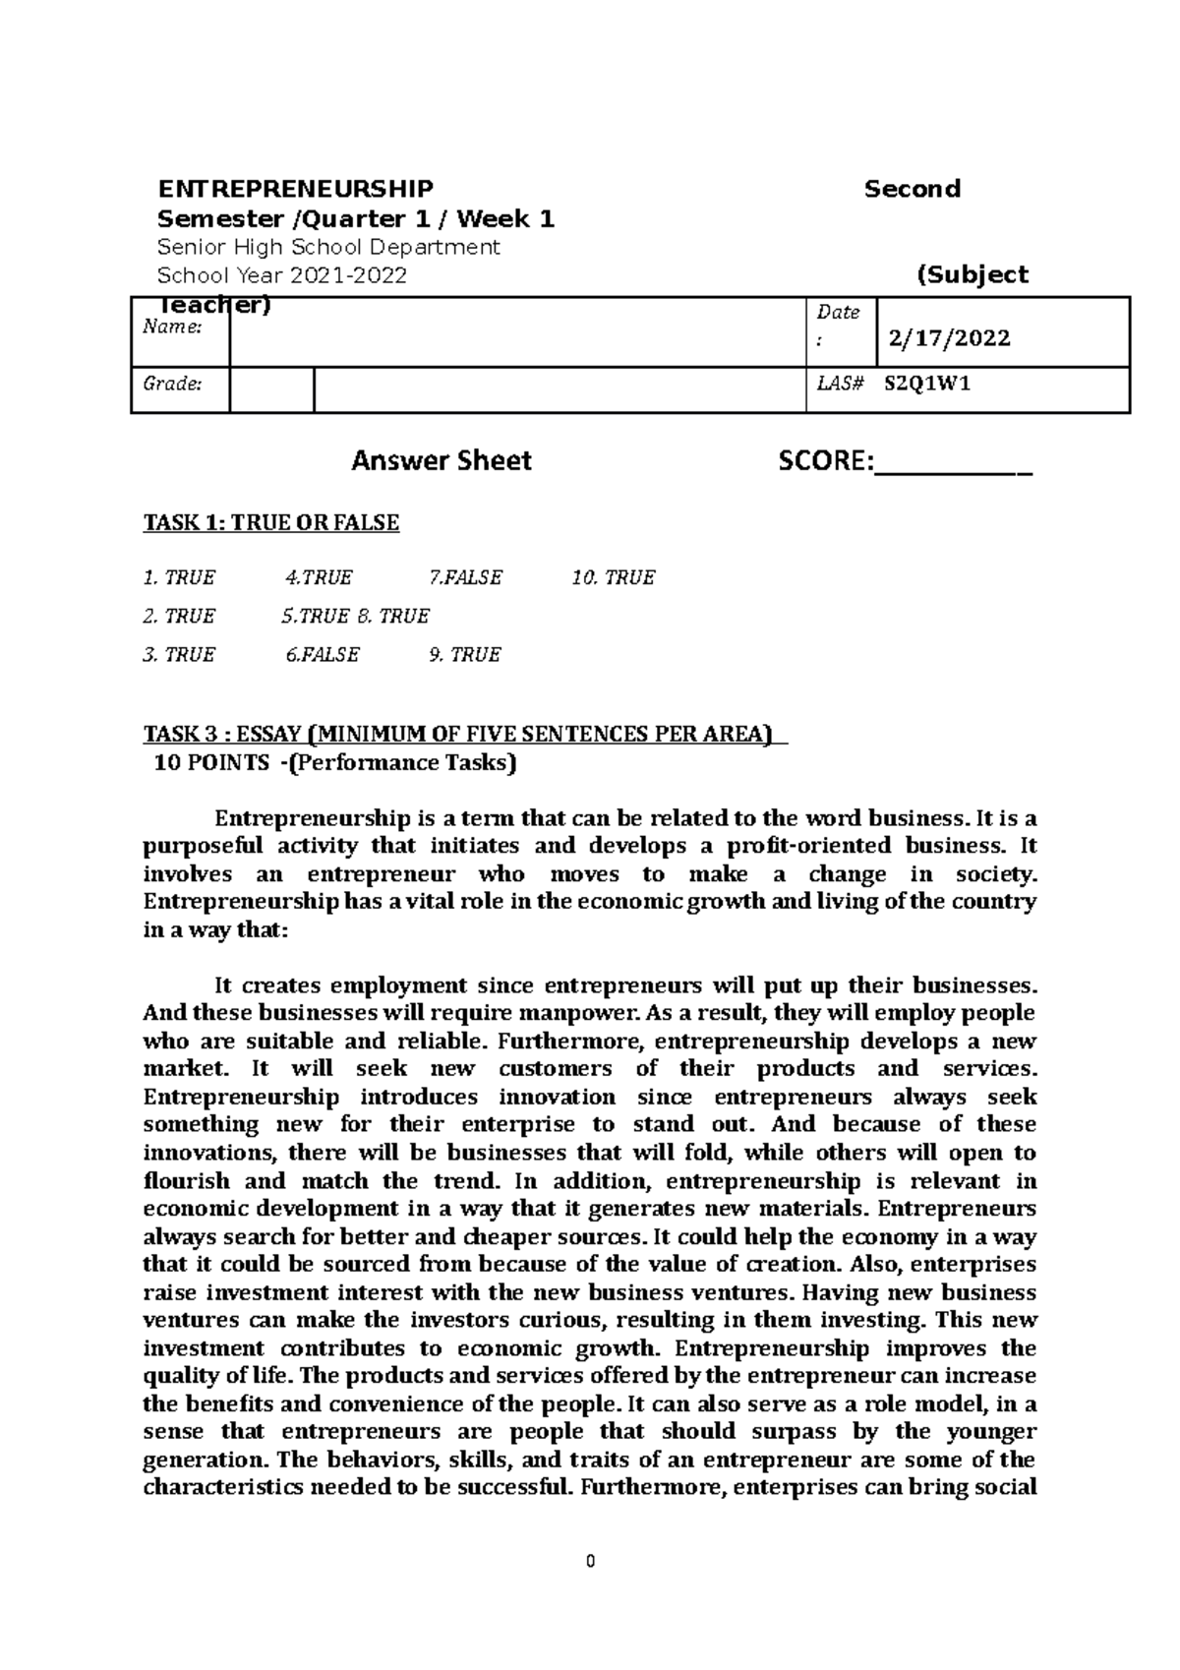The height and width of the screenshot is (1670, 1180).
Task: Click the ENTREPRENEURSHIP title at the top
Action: (x=295, y=189)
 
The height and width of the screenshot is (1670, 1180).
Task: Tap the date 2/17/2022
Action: (x=949, y=339)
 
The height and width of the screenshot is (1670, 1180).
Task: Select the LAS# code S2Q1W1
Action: (x=927, y=385)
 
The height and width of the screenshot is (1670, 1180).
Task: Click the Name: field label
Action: (x=173, y=328)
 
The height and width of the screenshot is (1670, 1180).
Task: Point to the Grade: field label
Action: (x=173, y=385)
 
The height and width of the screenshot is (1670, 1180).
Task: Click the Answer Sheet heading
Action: (x=442, y=460)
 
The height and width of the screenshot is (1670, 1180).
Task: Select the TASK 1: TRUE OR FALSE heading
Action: (x=271, y=522)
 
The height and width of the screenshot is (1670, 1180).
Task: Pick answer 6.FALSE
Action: (x=323, y=655)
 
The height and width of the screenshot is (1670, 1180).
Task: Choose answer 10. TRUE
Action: (x=613, y=578)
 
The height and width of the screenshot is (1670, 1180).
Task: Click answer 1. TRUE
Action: (x=179, y=578)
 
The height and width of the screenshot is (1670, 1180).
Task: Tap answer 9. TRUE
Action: (x=465, y=655)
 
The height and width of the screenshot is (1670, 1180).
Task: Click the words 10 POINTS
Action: (x=204, y=763)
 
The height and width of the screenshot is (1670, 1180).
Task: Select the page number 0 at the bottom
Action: (x=590, y=1562)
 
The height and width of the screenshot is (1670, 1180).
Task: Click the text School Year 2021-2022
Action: (x=282, y=275)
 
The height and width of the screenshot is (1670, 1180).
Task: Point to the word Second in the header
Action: (x=912, y=189)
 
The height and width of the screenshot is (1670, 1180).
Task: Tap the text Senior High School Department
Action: (x=329, y=247)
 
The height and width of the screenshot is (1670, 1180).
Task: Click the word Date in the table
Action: (x=838, y=313)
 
